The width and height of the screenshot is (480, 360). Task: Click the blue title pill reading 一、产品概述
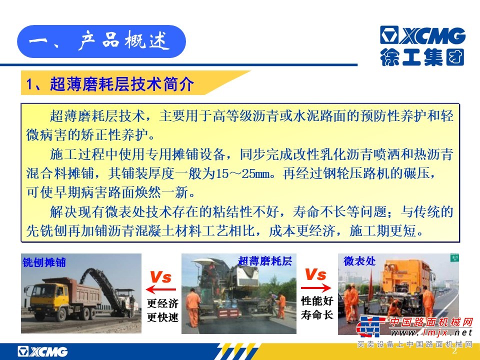click(x=101, y=41)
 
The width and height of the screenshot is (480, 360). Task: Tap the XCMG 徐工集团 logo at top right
click(x=422, y=46)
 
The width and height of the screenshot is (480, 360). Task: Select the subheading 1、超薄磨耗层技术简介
click(x=110, y=84)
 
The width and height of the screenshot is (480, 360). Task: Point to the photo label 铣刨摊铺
click(x=44, y=262)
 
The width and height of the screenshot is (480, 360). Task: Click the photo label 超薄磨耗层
click(x=265, y=261)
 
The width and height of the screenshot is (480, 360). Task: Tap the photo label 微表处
click(x=359, y=261)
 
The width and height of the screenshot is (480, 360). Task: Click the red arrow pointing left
click(x=161, y=289)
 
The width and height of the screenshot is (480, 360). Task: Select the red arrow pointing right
click(x=316, y=288)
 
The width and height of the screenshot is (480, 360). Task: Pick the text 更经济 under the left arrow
click(x=162, y=303)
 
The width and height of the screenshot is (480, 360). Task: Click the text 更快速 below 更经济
click(x=162, y=317)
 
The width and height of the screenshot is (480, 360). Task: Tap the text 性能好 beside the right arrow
click(x=317, y=301)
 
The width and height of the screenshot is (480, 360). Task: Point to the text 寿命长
click(x=317, y=314)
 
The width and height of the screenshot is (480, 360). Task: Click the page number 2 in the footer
click(x=454, y=350)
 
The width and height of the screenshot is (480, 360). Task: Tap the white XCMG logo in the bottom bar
click(x=42, y=351)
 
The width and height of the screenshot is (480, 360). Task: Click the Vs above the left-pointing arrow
click(x=160, y=277)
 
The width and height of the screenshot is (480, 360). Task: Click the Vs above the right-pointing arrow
click(x=316, y=274)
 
